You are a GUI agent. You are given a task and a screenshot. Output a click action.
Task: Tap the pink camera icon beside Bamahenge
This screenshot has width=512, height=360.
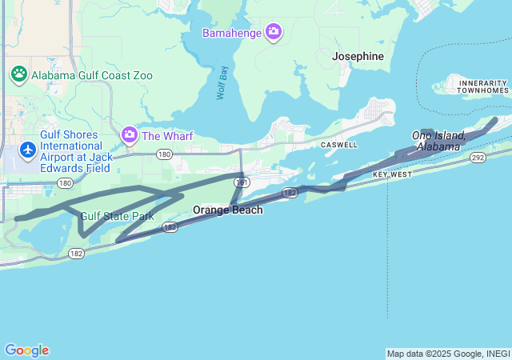click(274, 32)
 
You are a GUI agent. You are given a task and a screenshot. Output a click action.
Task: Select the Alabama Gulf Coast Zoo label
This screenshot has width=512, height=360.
click(92, 75)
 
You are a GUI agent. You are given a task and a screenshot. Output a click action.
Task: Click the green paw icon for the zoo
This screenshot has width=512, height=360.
click(19, 74)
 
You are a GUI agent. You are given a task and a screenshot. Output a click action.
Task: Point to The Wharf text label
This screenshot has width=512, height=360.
click(167, 136)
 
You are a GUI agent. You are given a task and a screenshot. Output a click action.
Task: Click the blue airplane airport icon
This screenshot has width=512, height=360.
click(28, 150)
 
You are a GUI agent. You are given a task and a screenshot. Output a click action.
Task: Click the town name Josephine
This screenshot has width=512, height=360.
click(358, 56)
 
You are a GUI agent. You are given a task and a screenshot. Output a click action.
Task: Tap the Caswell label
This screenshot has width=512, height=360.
click(338, 145)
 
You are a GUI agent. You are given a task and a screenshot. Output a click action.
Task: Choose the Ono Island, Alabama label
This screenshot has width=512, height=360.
click(438, 141)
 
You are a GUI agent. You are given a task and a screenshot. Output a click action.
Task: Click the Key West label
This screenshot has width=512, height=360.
click(392, 174)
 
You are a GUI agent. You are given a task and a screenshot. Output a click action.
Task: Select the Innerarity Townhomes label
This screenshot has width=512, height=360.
click(482, 86)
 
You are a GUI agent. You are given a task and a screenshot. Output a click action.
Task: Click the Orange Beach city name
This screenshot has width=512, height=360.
click(227, 210)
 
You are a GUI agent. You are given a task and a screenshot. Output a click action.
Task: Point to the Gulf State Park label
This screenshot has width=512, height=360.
click(117, 216)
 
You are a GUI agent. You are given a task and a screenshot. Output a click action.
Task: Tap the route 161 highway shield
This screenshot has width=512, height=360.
click(241, 182)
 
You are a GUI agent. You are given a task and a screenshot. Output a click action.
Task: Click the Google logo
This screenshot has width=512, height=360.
click(26, 350)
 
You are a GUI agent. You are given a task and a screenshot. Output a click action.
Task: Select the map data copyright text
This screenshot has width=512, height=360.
click(448, 354)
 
